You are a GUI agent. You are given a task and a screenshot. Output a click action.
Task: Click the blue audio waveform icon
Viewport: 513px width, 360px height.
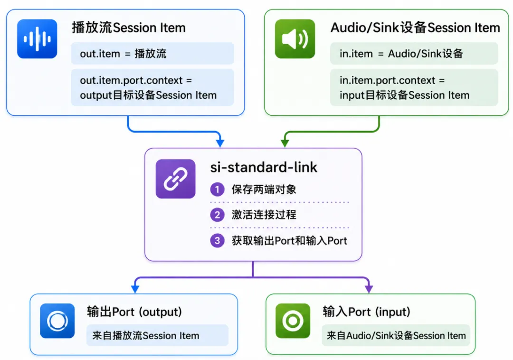click(x=37, y=38)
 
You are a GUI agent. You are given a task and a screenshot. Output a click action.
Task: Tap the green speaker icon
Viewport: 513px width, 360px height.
click(x=295, y=38)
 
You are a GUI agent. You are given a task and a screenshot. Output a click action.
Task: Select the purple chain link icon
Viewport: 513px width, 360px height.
click(x=175, y=179)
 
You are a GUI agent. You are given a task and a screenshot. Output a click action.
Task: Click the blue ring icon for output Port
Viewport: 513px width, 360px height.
click(x=57, y=321)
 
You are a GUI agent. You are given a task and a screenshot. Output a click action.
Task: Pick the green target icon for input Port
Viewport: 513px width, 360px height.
click(x=293, y=321)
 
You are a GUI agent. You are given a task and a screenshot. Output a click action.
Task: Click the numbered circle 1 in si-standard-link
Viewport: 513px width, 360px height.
click(x=217, y=189)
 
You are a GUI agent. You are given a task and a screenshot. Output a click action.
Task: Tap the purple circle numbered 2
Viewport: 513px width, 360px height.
click(x=217, y=215)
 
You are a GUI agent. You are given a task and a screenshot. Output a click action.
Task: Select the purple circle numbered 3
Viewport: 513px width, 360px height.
click(x=217, y=241)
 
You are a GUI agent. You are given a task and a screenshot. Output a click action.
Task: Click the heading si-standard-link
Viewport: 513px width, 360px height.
click(x=264, y=167)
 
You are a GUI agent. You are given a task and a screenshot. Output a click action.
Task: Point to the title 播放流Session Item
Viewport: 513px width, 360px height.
click(x=129, y=28)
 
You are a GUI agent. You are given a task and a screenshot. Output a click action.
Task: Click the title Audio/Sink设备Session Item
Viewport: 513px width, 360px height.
click(x=415, y=28)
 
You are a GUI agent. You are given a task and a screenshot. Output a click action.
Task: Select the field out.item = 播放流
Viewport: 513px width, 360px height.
click(x=152, y=53)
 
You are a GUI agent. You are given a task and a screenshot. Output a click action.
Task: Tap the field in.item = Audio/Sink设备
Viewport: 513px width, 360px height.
click(x=414, y=53)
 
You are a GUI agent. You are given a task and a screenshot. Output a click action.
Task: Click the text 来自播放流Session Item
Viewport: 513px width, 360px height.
click(x=146, y=335)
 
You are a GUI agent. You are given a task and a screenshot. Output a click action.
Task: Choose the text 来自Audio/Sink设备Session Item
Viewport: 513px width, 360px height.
click(x=396, y=335)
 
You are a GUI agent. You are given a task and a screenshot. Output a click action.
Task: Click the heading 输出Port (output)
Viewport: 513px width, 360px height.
click(x=134, y=312)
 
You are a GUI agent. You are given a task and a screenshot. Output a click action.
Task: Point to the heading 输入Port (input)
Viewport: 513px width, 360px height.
click(x=366, y=312)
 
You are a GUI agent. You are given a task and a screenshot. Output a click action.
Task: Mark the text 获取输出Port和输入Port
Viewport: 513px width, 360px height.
click(x=289, y=241)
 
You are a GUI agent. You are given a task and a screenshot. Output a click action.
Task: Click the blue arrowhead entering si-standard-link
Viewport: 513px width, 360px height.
click(x=220, y=143)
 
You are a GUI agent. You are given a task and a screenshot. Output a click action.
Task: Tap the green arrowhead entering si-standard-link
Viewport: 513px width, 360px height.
click(x=285, y=143)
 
